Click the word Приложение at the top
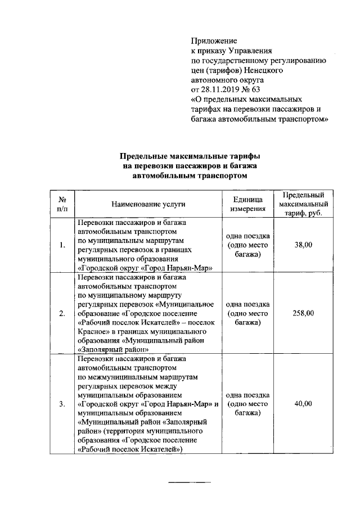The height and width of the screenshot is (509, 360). pyautogui.click(x=214, y=41)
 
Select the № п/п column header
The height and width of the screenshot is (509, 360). pyautogui.click(x=62, y=204)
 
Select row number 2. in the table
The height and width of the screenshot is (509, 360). pyautogui.click(x=62, y=313)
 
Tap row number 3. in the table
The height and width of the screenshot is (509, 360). pyautogui.click(x=62, y=404)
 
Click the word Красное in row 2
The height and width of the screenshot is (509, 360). pyautogui.click(x=92, y=331)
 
